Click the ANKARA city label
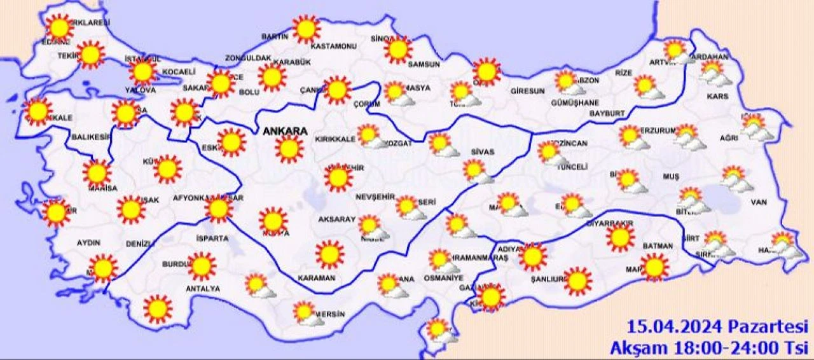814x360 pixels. (x=285, y=131)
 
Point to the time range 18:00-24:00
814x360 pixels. (x=722, y=348)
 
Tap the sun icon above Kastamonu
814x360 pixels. (x=307, y=29)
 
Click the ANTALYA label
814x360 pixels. (x=202, y=289)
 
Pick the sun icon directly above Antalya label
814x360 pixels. (x=202, y=267)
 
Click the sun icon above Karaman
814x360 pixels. (x=329, y=254)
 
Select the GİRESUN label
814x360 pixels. (x=527, y=91)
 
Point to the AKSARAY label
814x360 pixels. (x=336, y=219)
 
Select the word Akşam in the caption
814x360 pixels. (x=637, y=348)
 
